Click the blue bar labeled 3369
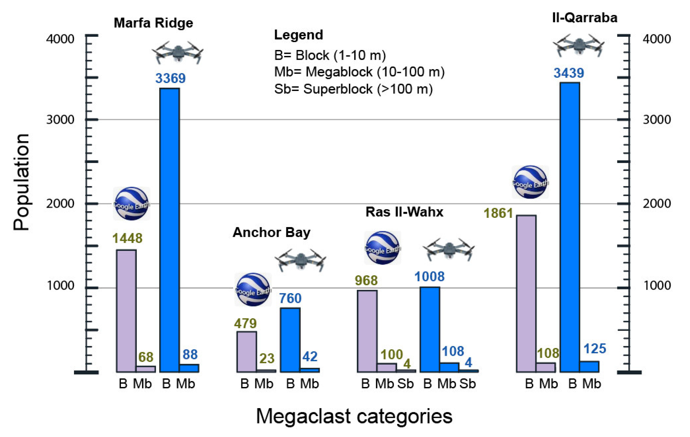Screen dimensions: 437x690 click(169, 229)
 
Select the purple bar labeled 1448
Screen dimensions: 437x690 click(126, 311)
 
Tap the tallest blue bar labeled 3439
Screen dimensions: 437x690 click(570, 226)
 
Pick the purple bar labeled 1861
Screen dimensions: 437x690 click(526, 293)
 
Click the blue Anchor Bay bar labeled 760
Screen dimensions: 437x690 click(290, 340)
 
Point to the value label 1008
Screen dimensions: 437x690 click(429, 277)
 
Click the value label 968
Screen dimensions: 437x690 click(366, 281)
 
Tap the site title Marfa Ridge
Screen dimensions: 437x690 click(153, 23)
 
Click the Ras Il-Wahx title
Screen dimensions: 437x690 click(404, 212)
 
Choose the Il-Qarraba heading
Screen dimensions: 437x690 click(585, 18)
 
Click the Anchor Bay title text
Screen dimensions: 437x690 click(271, 232)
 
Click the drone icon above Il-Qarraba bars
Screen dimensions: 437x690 click(579, 45)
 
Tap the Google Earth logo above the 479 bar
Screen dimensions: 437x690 click(253, 290)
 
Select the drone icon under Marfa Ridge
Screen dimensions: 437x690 click(178, 52)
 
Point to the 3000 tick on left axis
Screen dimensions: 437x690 click(60, 119)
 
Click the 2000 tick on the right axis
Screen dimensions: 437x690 click(656, 204)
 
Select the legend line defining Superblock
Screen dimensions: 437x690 click(353, 89)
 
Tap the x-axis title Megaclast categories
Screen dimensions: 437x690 click(354, 416)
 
